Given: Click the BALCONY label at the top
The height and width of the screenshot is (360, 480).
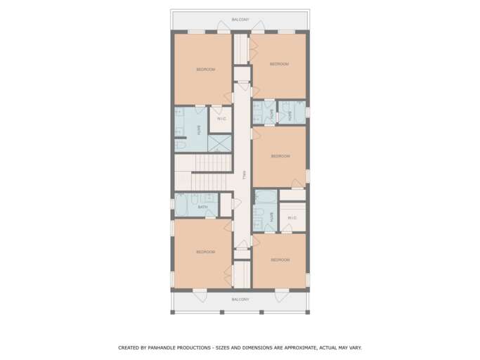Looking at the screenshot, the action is [240, 20].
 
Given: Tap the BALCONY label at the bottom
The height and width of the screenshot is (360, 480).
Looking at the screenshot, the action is [240, 300].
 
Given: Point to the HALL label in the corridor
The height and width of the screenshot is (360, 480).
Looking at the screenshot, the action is [245, 175].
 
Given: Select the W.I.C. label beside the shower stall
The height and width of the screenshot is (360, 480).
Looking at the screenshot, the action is [221, 119].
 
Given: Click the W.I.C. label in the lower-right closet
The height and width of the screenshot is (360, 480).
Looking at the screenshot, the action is [292, 218].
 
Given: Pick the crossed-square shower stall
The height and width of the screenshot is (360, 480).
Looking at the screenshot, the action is [219, 143].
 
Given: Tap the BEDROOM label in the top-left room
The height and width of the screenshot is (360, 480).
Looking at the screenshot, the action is [206, 70].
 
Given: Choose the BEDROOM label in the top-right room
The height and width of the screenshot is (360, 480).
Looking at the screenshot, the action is [279, 64].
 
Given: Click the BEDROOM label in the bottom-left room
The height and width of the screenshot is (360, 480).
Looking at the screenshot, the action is [206, 252].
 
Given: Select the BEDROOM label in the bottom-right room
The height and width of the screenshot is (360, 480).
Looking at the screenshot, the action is [280, 260].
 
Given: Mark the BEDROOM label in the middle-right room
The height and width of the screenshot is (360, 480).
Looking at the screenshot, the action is [280, 156].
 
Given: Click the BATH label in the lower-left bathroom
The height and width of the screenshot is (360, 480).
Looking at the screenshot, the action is [202, 207].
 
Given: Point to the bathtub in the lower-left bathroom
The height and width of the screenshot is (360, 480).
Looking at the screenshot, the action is [181, 205].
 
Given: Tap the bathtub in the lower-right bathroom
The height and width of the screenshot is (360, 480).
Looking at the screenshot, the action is [266, 197].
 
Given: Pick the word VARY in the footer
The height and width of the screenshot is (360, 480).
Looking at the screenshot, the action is [355, 348].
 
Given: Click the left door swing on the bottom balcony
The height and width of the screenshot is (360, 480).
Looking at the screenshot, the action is [200, 296].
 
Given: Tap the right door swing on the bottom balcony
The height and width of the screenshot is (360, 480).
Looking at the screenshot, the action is [282, 296].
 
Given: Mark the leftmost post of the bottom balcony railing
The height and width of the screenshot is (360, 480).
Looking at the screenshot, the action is [173, 312].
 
